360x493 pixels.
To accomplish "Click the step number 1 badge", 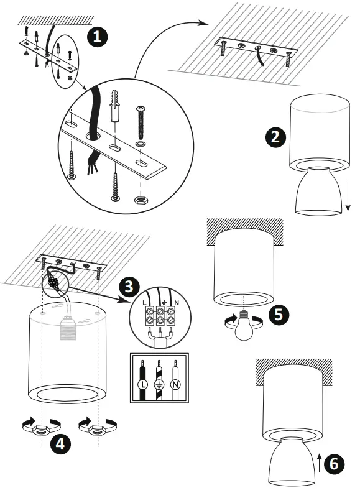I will tap(96, 37).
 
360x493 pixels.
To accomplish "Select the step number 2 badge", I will tap(274, 137).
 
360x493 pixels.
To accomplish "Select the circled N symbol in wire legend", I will tap(177, 385).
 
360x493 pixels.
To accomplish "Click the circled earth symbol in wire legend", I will tap(159, 385).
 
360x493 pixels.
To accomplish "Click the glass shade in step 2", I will tap(317, 193).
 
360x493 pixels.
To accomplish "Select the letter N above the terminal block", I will tap(177, 302).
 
